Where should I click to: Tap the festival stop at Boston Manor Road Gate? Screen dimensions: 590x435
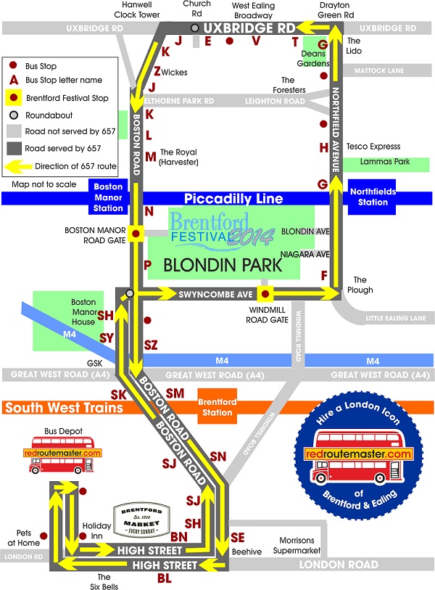(x=136, y=234)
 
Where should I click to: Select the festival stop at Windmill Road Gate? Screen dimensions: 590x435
(x=265, y=294)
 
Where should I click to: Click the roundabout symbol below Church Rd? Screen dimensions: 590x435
(x=194, y=28)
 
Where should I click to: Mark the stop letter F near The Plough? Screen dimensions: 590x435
(x=324, y=275)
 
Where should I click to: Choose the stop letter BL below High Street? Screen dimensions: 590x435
(x=164, y=578)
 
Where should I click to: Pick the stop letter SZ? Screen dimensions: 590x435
(x=150, y=345)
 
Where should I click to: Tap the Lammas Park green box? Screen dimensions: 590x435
(x=385, y=164)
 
